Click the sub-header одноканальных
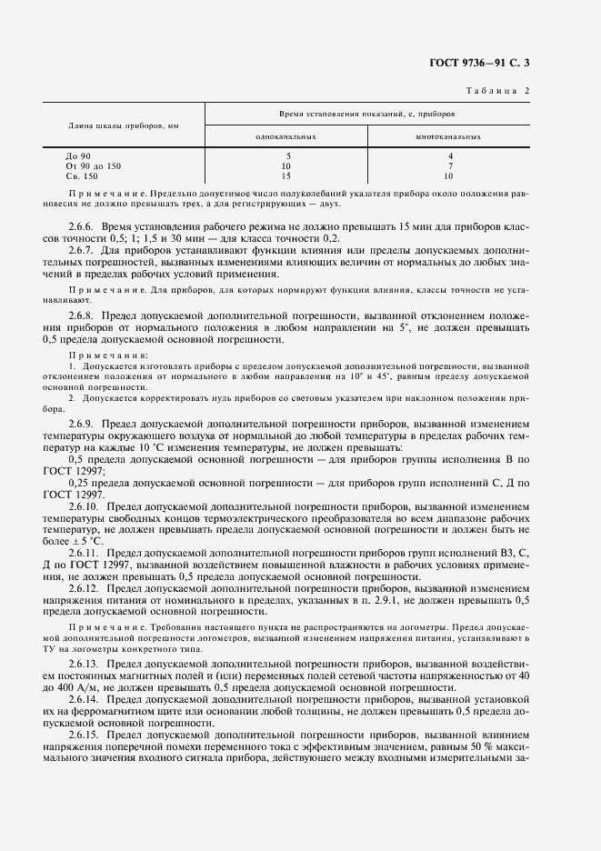286,135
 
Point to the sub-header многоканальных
448,135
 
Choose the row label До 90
78,156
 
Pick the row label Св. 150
82,175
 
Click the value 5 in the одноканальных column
286,156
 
